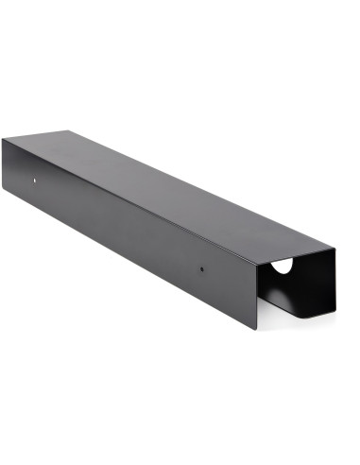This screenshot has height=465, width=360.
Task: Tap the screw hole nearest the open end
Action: [201, 268]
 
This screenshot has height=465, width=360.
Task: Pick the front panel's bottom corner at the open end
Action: [257, 330]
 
